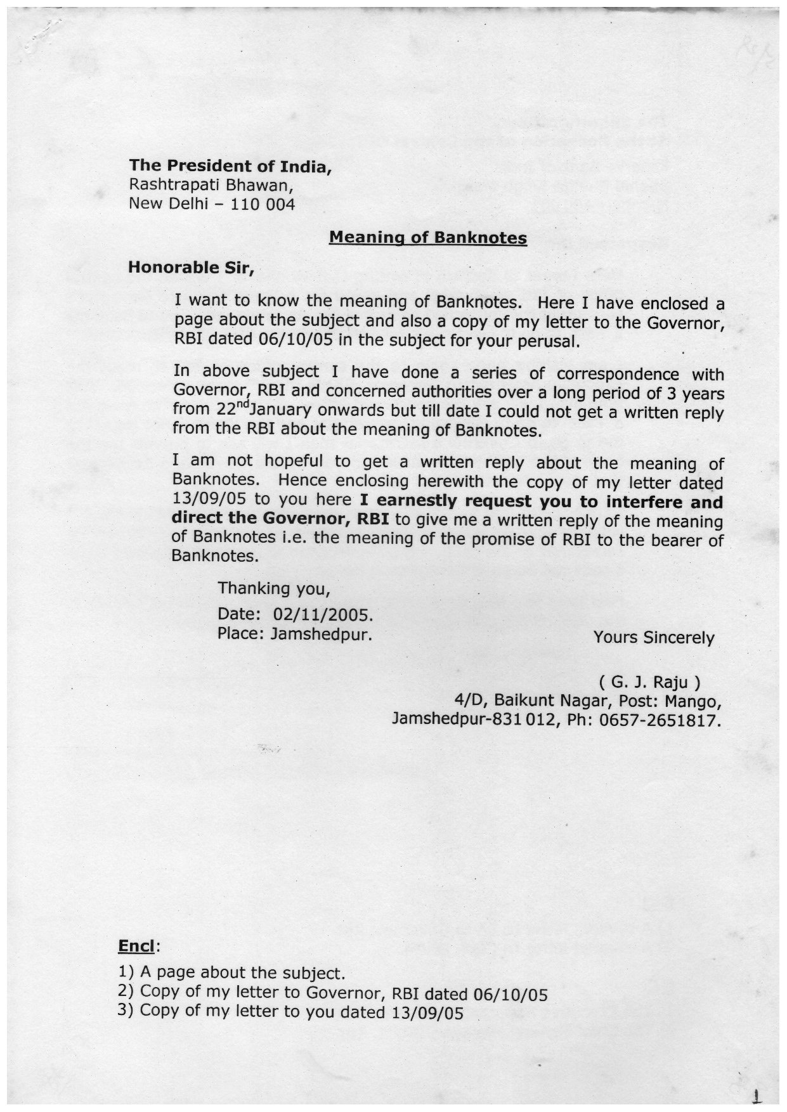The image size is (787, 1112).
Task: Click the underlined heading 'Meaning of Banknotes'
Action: [428, 238]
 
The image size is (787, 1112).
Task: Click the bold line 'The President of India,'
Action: [230, 166]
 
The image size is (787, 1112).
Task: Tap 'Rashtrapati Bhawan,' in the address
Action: [211, 186]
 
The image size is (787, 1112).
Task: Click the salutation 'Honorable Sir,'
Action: [191, 267]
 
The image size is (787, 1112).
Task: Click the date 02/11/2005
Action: [322, 614]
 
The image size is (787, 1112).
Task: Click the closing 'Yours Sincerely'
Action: [654, 637]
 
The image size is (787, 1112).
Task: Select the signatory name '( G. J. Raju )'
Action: [649, 683]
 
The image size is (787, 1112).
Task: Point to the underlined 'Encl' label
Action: [136, 947]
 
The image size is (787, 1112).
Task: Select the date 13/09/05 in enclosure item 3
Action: [428, 1012]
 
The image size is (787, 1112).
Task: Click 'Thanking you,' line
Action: [274, 588]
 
